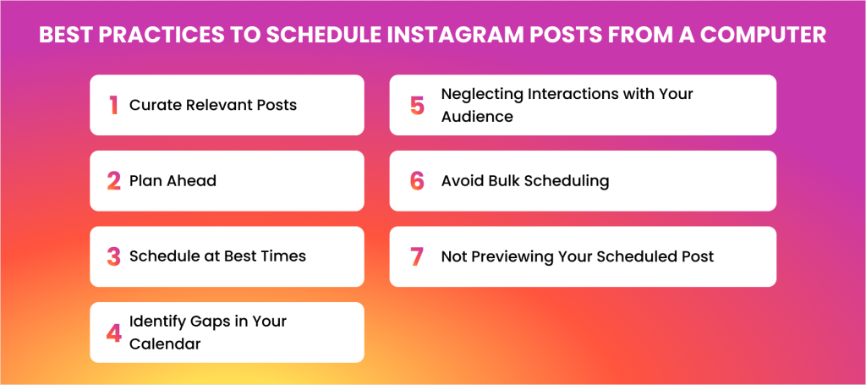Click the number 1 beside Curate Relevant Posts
click(x=114, y=105)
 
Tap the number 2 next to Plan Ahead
click(x=114, y=180)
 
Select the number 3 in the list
click(x=114, y=256)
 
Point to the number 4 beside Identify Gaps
click(x=114, y=333)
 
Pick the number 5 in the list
click(x=417, y=105)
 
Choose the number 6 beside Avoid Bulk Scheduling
click(x=417, y=180)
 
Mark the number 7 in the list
click(x=417, y=256)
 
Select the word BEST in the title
click(x=63, y=35)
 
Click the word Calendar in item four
click(x=165, y=344)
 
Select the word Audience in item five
click(x=477, y=117)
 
